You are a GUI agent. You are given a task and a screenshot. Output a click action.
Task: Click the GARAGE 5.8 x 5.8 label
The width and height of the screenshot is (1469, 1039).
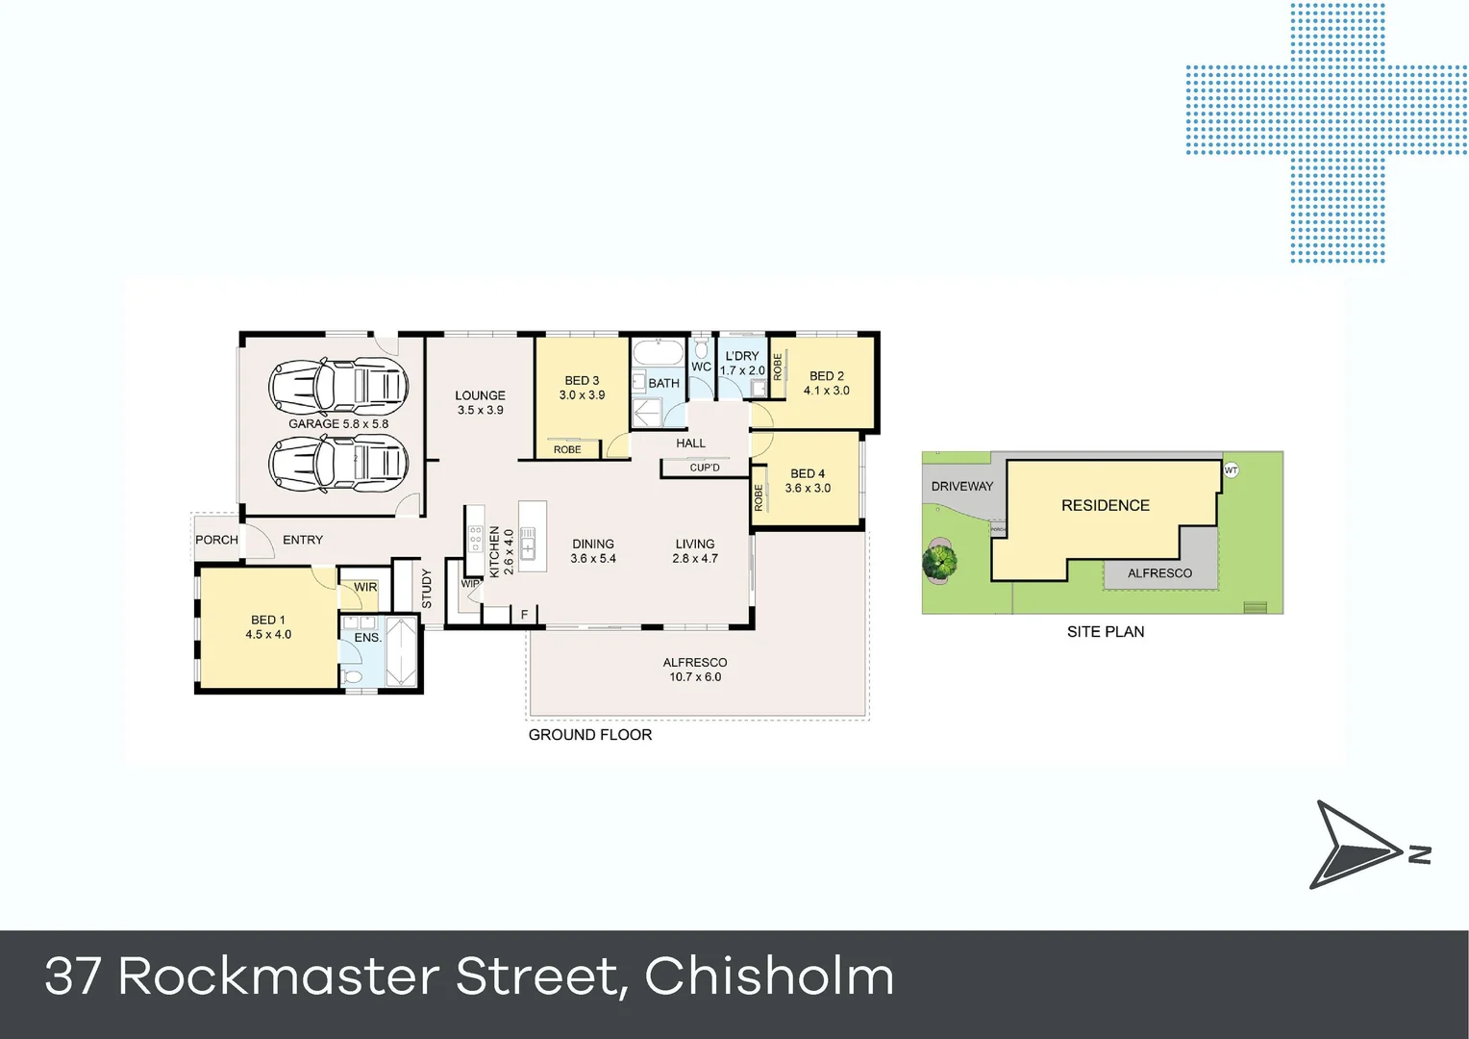pos(338,423)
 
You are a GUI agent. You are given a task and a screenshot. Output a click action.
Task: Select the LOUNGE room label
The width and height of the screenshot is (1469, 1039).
pos(480,402)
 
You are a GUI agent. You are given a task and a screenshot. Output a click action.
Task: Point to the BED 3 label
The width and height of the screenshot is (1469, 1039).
pos(582,388)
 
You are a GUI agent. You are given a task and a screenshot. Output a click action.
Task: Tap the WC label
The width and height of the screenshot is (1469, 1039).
pos(701,367)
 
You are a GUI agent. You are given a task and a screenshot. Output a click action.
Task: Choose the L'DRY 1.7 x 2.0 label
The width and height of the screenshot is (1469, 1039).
pos(742,363)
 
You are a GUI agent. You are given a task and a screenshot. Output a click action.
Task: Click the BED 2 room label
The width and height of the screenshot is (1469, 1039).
pos(826,383)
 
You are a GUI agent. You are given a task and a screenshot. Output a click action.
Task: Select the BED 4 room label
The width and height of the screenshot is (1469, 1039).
pos(808,480)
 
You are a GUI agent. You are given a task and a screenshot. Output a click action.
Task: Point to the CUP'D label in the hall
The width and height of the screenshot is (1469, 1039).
pos(705,468)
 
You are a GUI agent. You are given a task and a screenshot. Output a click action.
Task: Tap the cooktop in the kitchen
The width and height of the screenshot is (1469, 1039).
pos(475,538)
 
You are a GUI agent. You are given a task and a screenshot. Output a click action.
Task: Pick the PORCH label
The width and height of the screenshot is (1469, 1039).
pos(216,540)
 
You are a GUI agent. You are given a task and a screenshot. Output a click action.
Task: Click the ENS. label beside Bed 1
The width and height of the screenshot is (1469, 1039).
pos(367,638)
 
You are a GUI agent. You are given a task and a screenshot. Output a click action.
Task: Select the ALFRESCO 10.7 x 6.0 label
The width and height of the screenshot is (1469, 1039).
pos(695,670)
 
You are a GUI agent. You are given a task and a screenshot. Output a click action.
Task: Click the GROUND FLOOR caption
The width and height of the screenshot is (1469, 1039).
pos(590,735)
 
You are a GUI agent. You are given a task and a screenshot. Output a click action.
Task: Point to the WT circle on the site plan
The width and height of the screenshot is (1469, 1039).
pos(1231,470)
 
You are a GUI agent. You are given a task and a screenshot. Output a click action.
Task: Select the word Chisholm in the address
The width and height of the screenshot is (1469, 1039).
pos(769,976)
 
